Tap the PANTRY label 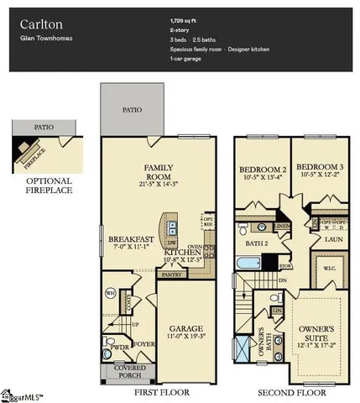[x=172, y=274]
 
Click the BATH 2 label [x=256, y=244]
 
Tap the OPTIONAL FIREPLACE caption [x=48, y=186]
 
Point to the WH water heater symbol [x=109, y=293]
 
